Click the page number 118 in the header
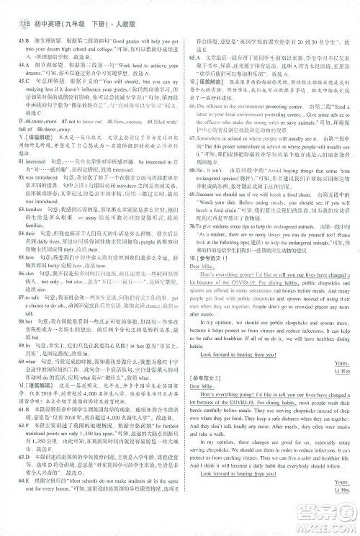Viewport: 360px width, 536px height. (15, 10)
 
